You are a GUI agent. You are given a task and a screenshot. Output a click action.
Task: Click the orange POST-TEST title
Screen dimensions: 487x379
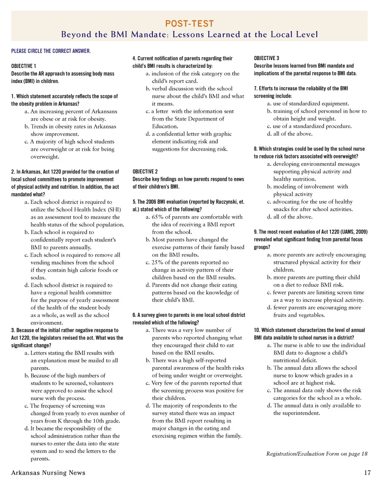pos(189,23)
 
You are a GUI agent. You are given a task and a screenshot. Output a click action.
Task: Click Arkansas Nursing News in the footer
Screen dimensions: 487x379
pos(49,473)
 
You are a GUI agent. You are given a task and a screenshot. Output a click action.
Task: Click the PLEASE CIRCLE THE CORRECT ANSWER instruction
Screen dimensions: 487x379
pos(51,51)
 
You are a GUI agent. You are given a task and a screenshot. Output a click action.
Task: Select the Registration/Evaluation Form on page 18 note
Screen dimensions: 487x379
pos(317,453)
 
